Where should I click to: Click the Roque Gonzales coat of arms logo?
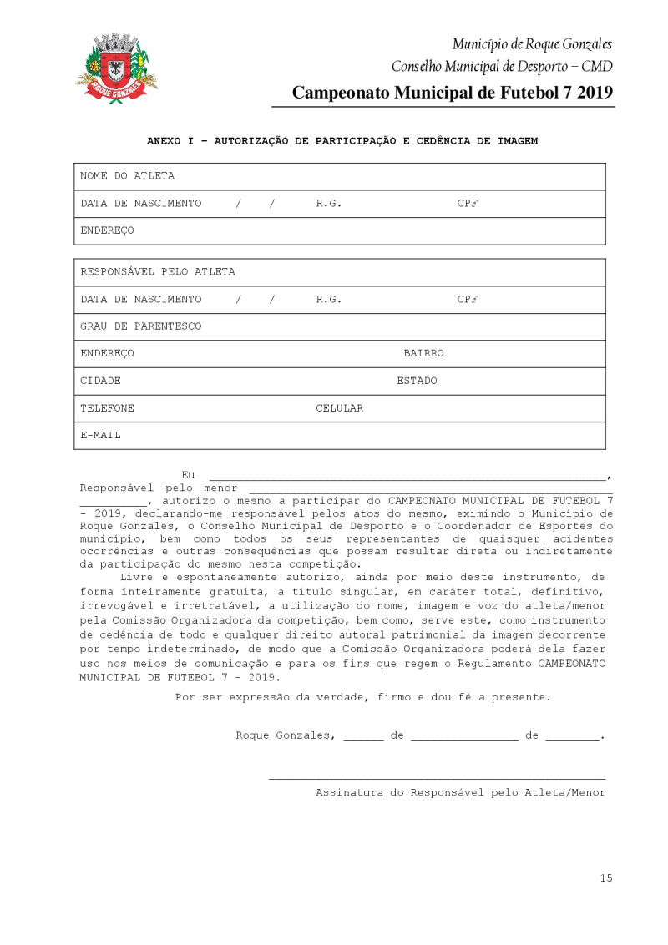(116, 68)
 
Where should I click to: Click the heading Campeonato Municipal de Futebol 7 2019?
(453, 93)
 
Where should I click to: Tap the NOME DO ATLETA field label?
(127, 176)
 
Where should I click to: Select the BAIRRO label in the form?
(423, 353)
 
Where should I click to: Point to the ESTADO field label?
(417, 381)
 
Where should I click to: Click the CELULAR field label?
(339, 408)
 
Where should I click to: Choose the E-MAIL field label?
(100, 435)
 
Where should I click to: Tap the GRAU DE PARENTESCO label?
(140, 326)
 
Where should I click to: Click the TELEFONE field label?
(107, 408)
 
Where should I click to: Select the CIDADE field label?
(100, 381)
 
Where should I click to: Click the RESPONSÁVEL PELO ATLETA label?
(157, 272)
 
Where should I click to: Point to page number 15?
(605, 877)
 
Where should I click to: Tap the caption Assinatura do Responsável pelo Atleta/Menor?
(460, 792)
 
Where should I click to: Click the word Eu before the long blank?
(188, 474)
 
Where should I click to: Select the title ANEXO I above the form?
(342, 141)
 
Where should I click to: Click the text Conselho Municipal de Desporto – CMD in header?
(502, 66)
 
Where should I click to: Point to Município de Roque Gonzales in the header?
(532, 43)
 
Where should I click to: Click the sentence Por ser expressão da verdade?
(363, 696)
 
